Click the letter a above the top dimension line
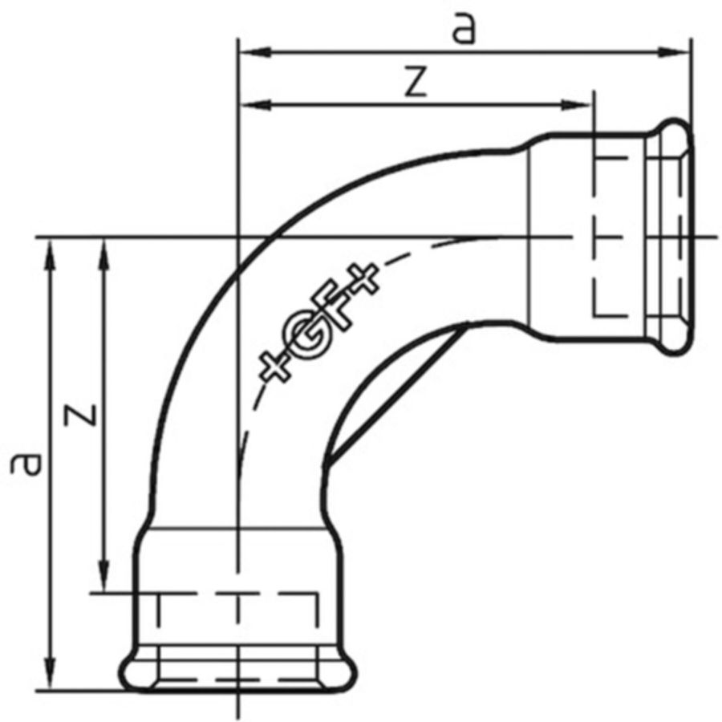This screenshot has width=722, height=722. (463, 30)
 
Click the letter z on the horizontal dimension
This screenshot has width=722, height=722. (416, 82)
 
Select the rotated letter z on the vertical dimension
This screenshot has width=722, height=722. (81, 415)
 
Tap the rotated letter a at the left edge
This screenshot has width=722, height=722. (26, 464)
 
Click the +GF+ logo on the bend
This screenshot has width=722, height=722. (319, 322)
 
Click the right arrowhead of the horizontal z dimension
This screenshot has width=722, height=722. (575, 105)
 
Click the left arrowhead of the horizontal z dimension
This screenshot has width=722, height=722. (254, 105)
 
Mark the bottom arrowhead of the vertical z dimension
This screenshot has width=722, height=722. (105, 575)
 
